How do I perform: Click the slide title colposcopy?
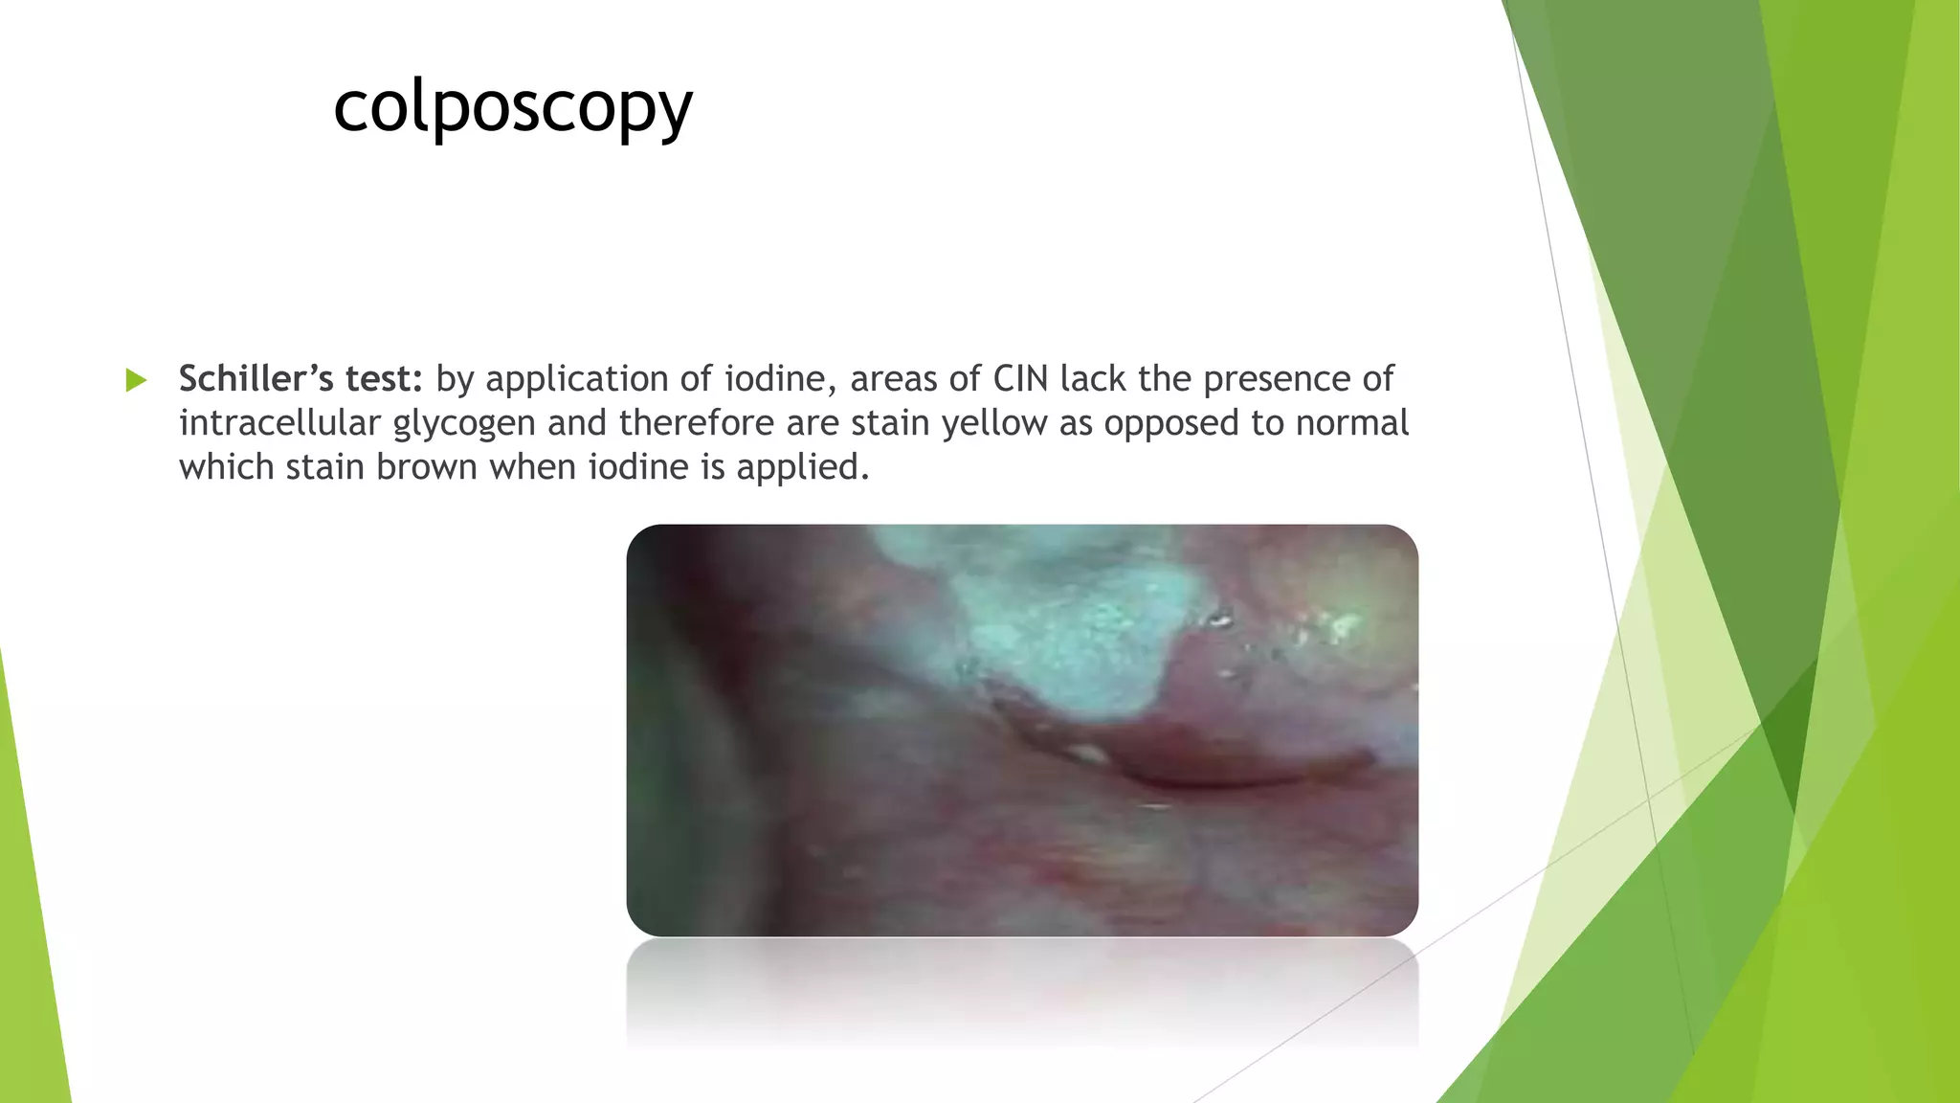pyautogui.click(x=512, y=107)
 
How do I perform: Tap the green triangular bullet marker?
pyautogui.click(x=136, y=380)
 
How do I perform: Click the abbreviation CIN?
pyautogui.click(x=1020, y=379)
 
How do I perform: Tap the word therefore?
pyautogui.click(x=696, y=423)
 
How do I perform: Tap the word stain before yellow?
pyautogui.click(x=890, y=423)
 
